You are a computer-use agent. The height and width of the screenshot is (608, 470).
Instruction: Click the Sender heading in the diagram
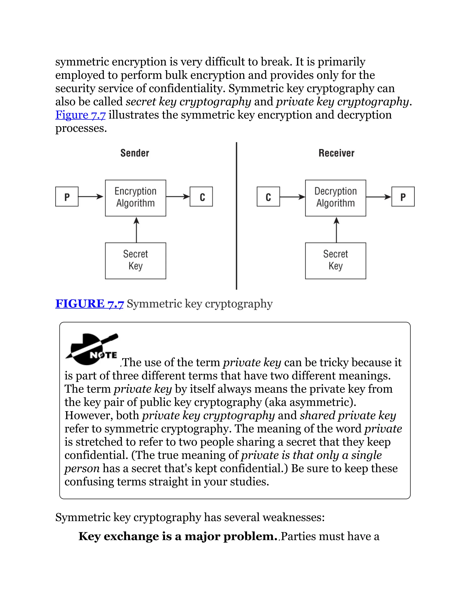135,153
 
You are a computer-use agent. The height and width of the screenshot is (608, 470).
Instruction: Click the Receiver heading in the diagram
336,153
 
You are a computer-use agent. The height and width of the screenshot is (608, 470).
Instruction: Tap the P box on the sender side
67,197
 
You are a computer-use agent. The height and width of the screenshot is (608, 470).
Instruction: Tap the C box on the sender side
201,197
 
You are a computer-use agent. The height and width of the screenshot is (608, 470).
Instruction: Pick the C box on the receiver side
268,197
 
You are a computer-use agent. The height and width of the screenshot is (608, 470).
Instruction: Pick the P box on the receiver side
403,197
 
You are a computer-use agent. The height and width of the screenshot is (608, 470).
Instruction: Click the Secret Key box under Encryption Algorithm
136,261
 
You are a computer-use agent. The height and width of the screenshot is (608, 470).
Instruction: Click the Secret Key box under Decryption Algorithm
336,261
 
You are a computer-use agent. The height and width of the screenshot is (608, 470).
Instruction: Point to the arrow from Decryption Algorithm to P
379,197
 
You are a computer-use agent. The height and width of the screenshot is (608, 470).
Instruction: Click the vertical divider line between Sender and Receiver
236,216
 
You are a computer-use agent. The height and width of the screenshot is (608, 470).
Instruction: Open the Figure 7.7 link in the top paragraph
81,115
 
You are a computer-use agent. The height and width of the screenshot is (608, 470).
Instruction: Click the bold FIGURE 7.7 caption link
89,304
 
